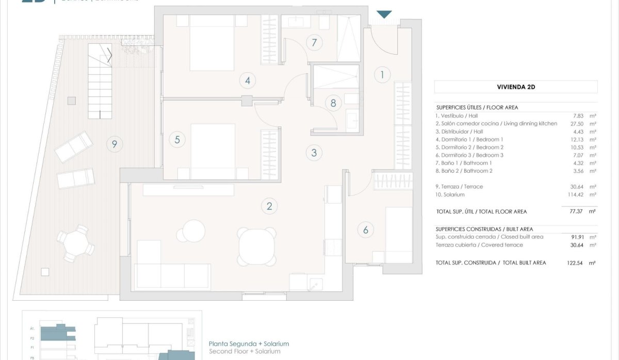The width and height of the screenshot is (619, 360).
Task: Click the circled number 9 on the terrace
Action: point(114,144)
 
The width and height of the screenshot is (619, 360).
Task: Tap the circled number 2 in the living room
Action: point(269,207)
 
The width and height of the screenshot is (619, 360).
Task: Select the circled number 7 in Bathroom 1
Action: point(314,43)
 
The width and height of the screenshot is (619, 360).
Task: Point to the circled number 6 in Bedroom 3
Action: point(366,230)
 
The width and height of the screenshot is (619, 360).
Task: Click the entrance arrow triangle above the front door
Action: point(384,14)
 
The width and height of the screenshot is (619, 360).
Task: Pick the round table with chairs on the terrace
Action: point(76,242)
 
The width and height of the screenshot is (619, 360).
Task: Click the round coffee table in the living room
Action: point(194,231)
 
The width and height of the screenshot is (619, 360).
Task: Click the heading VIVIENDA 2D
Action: point(516,87)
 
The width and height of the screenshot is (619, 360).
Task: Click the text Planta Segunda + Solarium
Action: point(249,343)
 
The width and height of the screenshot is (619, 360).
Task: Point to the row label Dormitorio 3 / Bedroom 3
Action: point(469,155)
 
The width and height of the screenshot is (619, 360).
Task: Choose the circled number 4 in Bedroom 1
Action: point(248,80)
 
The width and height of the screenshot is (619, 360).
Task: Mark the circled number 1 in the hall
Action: point(382,75)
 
